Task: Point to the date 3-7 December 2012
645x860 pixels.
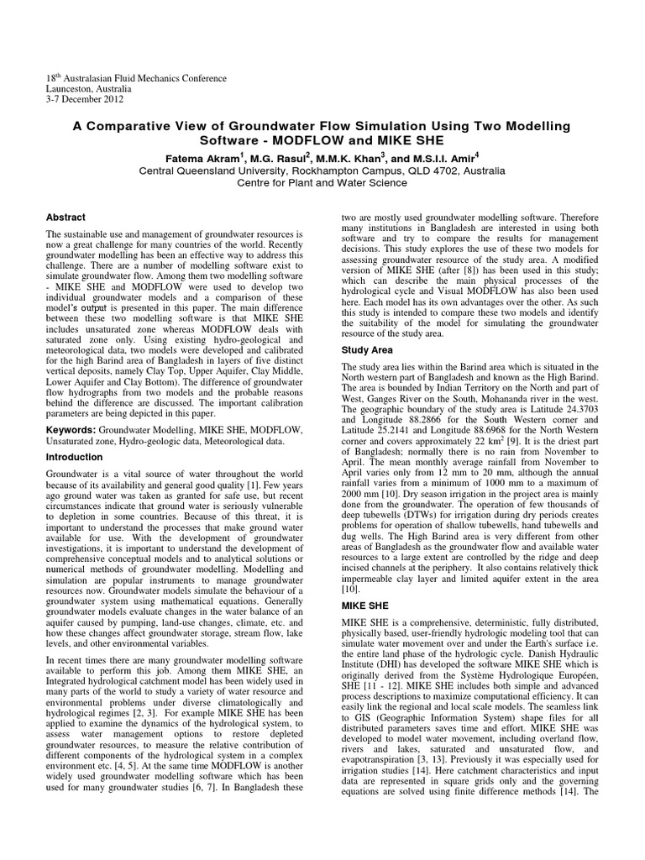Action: pyautogui.click(x=85, y=98)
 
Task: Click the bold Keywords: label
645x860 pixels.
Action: pyautogui.click(x=71, y=430)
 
